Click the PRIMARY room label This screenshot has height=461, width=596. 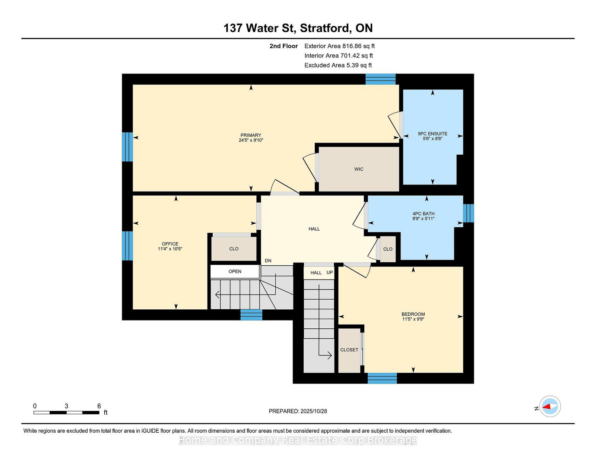(251, 135)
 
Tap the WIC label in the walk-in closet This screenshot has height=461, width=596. (358, 169)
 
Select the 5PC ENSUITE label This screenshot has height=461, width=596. (432, 134)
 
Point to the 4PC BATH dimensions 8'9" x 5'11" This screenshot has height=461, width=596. (423, 219)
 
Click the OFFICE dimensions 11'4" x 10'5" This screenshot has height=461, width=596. (170, 249)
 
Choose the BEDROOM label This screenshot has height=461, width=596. (413, 314)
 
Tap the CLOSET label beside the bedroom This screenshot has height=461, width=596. (349, 350)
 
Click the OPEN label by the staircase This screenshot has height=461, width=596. (235, 271)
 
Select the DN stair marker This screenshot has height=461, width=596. (268, 261)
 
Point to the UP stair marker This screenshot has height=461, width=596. (330, 272)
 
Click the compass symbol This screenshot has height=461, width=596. (550, 406)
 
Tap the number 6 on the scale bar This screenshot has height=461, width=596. (99, 406)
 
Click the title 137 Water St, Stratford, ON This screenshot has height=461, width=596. (298, 28)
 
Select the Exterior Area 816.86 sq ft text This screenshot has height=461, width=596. (340, 46)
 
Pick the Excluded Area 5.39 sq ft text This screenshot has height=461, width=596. (338, 65)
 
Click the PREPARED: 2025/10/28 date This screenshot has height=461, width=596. (298, 411)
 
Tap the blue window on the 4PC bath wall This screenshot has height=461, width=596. (469, 213)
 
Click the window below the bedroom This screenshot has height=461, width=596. (382, 378)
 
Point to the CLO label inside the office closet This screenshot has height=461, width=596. (234, 249)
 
